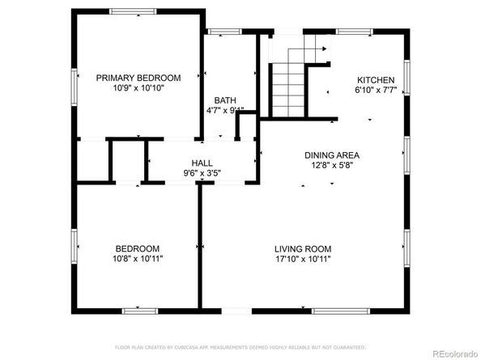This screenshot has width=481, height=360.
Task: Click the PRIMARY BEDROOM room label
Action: (x=138, y=78)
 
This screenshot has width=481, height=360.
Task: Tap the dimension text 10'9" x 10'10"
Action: (x=138, y=87)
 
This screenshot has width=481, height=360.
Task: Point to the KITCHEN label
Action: (x=376, y=80)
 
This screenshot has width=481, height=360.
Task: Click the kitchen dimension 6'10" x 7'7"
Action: (x=376, y=91)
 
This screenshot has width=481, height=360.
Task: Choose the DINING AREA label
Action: (x=331, y=155)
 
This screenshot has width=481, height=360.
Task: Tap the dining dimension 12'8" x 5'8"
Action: (x=331, y=166)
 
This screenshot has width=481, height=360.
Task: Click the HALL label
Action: (x=202, y=162)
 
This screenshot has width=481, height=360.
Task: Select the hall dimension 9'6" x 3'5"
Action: (x=202, y=172)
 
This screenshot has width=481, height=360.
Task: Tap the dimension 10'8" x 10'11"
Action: (x=136, y=259)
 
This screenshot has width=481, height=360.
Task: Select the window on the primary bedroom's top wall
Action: (x=134, y=11)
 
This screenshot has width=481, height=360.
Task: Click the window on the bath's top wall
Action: (x=219, y=32)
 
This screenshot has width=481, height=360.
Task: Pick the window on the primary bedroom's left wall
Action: (x=75, y=81)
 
